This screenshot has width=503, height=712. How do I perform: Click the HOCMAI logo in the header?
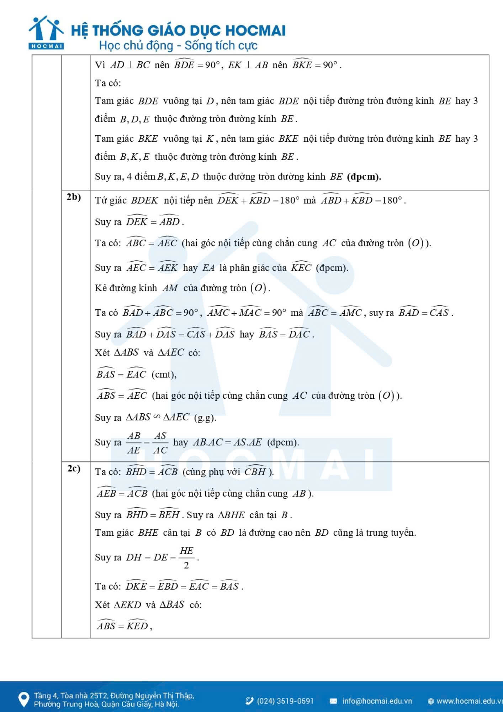point(46,32)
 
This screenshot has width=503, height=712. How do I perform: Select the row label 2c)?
point(74,468)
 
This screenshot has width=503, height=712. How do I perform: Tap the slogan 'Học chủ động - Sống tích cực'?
point(178,46)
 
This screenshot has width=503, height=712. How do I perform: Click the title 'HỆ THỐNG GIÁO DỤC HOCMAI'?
point(178,30)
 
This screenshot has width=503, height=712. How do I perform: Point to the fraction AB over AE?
point(134,443)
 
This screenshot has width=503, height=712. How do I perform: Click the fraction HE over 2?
point(186,557)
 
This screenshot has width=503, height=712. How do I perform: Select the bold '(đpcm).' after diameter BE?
point(364,177)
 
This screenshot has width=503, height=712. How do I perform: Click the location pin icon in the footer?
point(24,699)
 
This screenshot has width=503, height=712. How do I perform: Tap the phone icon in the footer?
point(249,701)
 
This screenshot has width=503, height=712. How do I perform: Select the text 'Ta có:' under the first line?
point(108,83)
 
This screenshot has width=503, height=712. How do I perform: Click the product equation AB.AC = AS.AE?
point(227,443)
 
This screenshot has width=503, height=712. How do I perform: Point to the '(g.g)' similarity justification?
point(205,418)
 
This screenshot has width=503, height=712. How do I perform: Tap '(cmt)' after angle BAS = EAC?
point(164,375)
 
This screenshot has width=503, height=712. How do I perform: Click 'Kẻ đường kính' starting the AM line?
point(126,288)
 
